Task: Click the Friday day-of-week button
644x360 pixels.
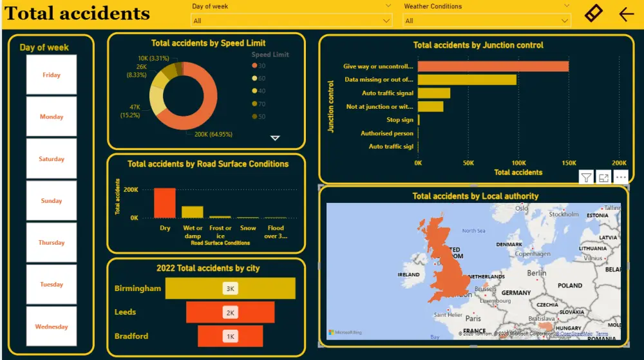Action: (x=52, y=75)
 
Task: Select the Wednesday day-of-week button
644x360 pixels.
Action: (x=52, y=327)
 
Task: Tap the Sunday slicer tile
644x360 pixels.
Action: (x=52, y=201)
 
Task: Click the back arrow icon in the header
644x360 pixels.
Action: (x=626, y=14)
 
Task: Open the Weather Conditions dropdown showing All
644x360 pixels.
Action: (x=488, y=21)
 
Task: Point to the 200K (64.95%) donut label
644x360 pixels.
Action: (x=213, y=135)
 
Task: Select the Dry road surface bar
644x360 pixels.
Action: (x=164, y=203)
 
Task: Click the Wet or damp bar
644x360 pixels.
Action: (x=193, y=212)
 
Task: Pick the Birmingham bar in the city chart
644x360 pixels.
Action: (x=230, y=289)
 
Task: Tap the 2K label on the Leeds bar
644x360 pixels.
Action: (x=230, y=312)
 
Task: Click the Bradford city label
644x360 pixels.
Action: (x=131, y=336)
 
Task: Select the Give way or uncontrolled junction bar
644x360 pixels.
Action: (x=493, y=66)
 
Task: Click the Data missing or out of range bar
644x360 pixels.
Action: (x=467, y=80)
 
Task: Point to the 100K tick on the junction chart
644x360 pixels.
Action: (x=518, y=163)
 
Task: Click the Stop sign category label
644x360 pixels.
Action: (x=399, y=120)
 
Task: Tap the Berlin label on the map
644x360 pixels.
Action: (x=536, y=273)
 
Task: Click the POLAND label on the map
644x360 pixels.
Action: (x=569, y=285)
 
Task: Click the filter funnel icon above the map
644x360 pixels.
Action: (x=586, y=178)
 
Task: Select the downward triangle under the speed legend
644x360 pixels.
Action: (x=275, y=138)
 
